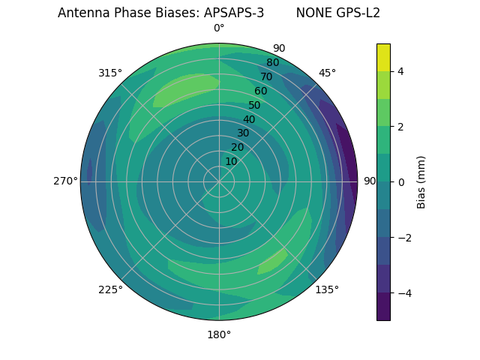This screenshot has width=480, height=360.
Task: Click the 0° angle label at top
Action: click(x=219, y=28)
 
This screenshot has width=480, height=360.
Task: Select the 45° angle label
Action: click(x=327, y=73)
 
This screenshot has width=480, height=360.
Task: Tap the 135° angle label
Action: click(x=327, y=289)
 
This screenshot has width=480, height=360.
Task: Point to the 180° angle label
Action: click(x=219, y=334)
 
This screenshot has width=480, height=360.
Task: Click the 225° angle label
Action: click(x=110, y=289)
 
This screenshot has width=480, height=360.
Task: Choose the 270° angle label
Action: click(x=65, y=181)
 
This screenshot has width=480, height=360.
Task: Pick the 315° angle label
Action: click(x=110, y=73)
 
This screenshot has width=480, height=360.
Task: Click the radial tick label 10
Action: click(x=231, y=161)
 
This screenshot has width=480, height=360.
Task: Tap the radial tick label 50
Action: click(x=254, y=105)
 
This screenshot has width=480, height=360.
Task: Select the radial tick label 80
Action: click(x=272, y=62)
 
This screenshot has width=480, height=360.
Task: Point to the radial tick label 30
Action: click(x=243, y=133)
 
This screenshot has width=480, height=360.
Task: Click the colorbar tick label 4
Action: click(x=400, y=71)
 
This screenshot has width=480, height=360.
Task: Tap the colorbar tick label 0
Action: click(x=400, y=182)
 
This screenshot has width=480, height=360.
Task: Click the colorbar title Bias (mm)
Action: click(x=421, y=181)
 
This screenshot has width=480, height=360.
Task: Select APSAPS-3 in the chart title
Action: click(x=233, y=13)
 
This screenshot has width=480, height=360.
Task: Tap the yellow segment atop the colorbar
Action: click(x=383, y=57)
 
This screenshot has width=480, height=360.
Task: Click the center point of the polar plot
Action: click(x=219, y=181)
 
